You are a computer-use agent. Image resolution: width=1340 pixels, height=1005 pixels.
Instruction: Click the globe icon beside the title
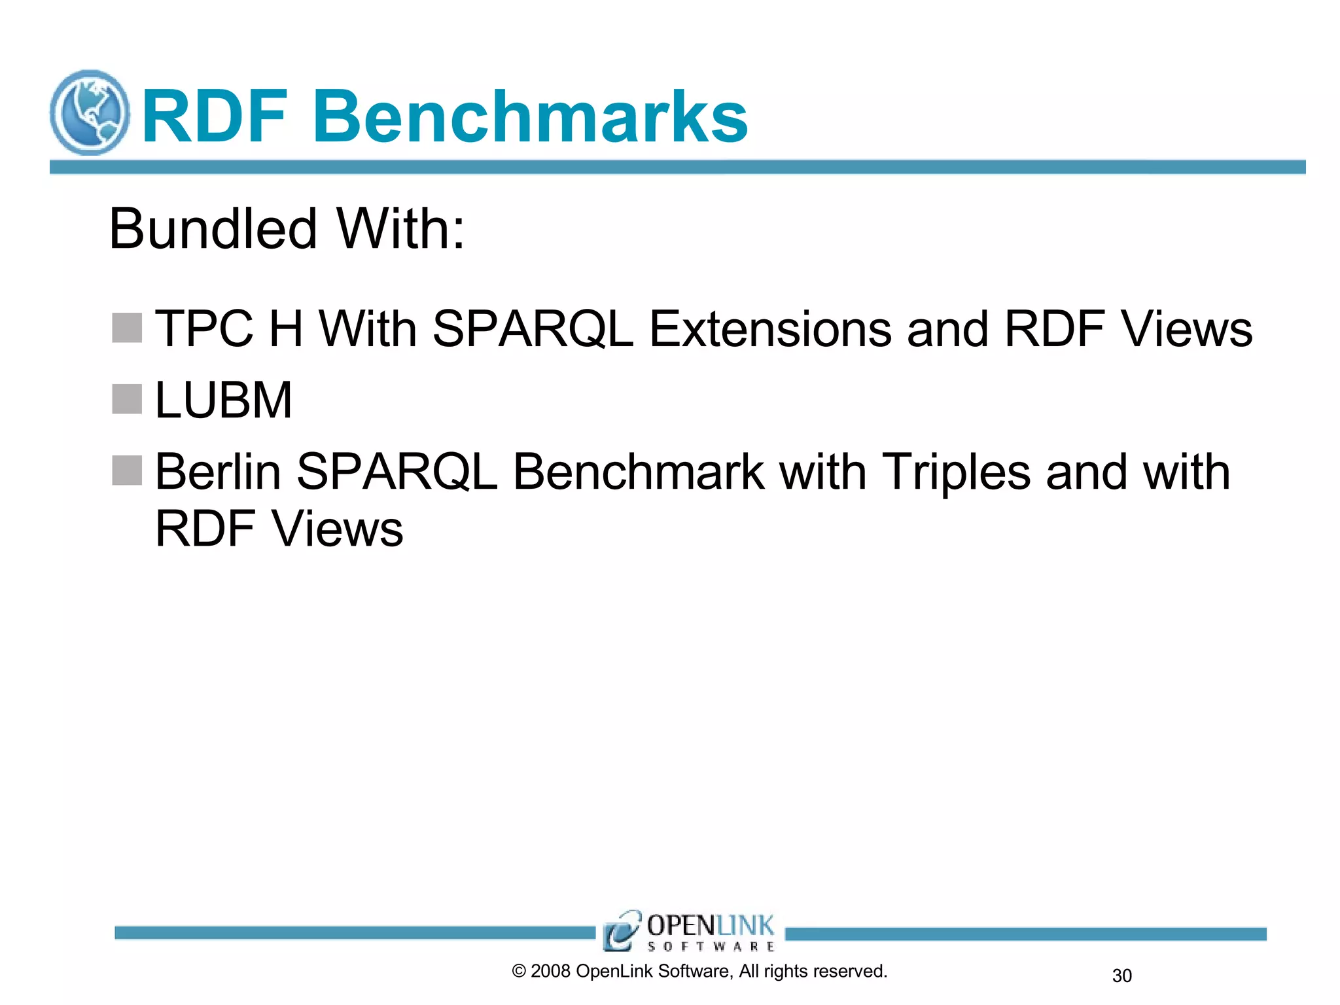coord(90,113)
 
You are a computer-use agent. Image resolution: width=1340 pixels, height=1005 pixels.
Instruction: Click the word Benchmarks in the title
coord(530,117)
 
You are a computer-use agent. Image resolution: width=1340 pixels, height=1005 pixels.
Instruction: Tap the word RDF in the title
coord(215,117)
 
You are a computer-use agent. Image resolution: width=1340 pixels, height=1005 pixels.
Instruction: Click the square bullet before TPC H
coord(127,328)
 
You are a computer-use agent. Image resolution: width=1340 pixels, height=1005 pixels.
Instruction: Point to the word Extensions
coord(769,328)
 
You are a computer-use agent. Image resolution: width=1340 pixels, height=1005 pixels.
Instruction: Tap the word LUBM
coord(223,400)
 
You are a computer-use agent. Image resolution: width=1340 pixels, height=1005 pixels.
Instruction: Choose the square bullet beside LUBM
coord(127,399)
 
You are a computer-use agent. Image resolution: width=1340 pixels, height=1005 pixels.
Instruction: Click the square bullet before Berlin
coord(127,470)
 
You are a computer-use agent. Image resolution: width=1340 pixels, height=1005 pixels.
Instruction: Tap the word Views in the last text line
coord(338,529)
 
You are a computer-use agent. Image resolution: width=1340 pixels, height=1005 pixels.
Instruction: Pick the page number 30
coord(1121,976)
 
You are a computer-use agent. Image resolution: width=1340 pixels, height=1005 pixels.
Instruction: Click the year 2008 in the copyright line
coord(550,971)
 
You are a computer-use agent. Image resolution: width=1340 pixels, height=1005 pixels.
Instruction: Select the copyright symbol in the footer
coord(519,972)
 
